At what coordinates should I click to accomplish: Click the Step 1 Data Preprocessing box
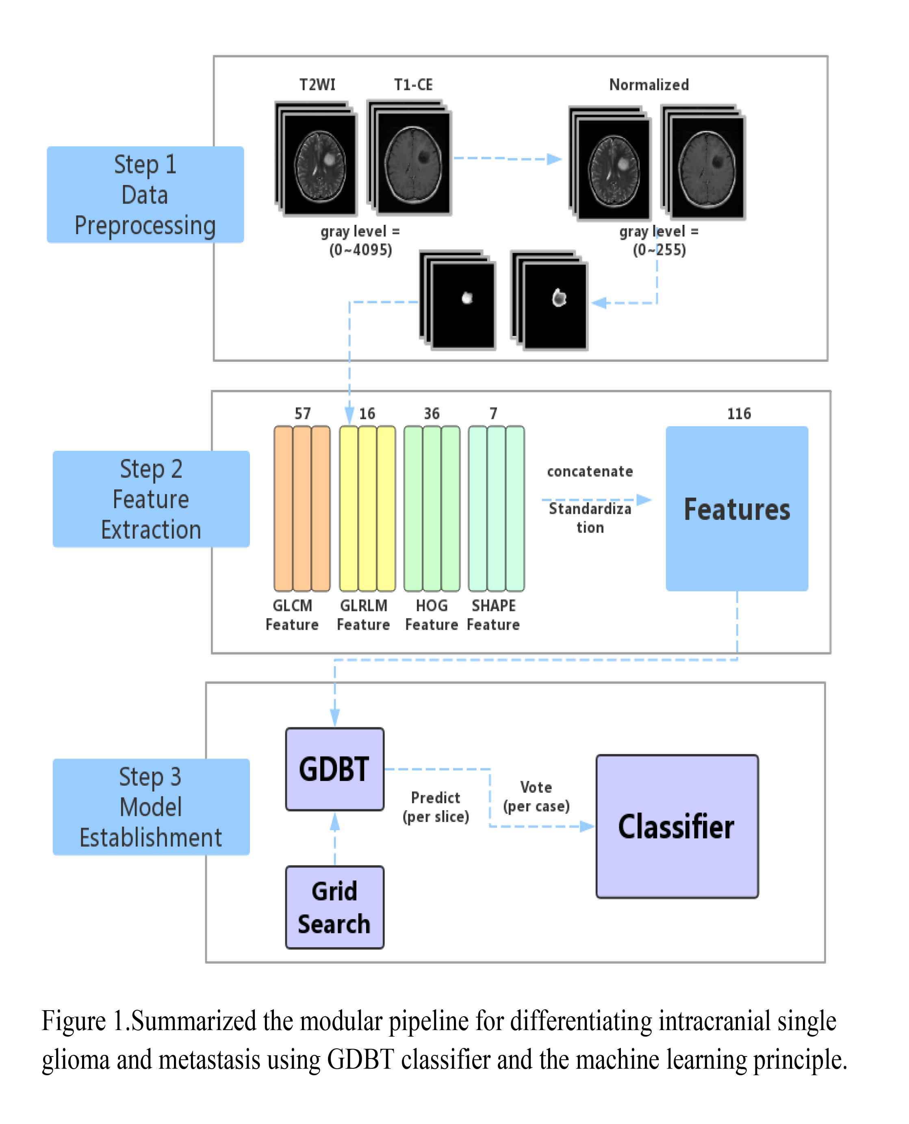click(145, 194)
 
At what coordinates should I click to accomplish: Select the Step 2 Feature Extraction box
click(151, 499)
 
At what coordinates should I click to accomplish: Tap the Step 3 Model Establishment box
click(151, 807)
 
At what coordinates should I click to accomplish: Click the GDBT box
click(334, 769)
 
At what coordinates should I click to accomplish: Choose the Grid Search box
click(334, 907)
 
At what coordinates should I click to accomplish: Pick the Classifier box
click(677, 826)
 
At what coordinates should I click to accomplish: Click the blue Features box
click(737, 509)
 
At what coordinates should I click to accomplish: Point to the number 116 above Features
click(739, 414)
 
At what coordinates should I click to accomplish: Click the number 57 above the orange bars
click(303, 414)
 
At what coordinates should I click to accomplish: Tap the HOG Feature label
click(432, 615)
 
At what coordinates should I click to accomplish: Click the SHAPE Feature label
click(493, 615)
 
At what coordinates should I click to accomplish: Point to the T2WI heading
click(317, 85)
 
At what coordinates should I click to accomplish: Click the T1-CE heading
click(414, 85)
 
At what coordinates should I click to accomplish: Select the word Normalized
click(649, 85)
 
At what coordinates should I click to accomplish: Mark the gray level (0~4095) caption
click(360, 240)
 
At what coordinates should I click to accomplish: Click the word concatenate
click(590, 472)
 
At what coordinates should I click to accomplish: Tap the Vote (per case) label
click(536, 796)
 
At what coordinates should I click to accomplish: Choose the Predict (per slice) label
click(436, 807)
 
